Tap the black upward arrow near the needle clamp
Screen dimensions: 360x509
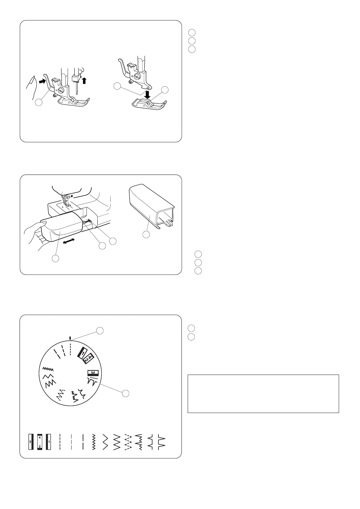[x=84, y=80]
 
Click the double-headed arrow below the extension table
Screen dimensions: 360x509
[x=68, y=241]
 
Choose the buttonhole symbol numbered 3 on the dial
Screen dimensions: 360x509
[x=93, y=373]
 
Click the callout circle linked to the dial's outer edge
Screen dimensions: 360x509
[x=126, y=393]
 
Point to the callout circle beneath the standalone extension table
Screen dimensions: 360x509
[x=146, y=235]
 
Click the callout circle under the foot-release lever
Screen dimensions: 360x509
[x=39, y=103]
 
